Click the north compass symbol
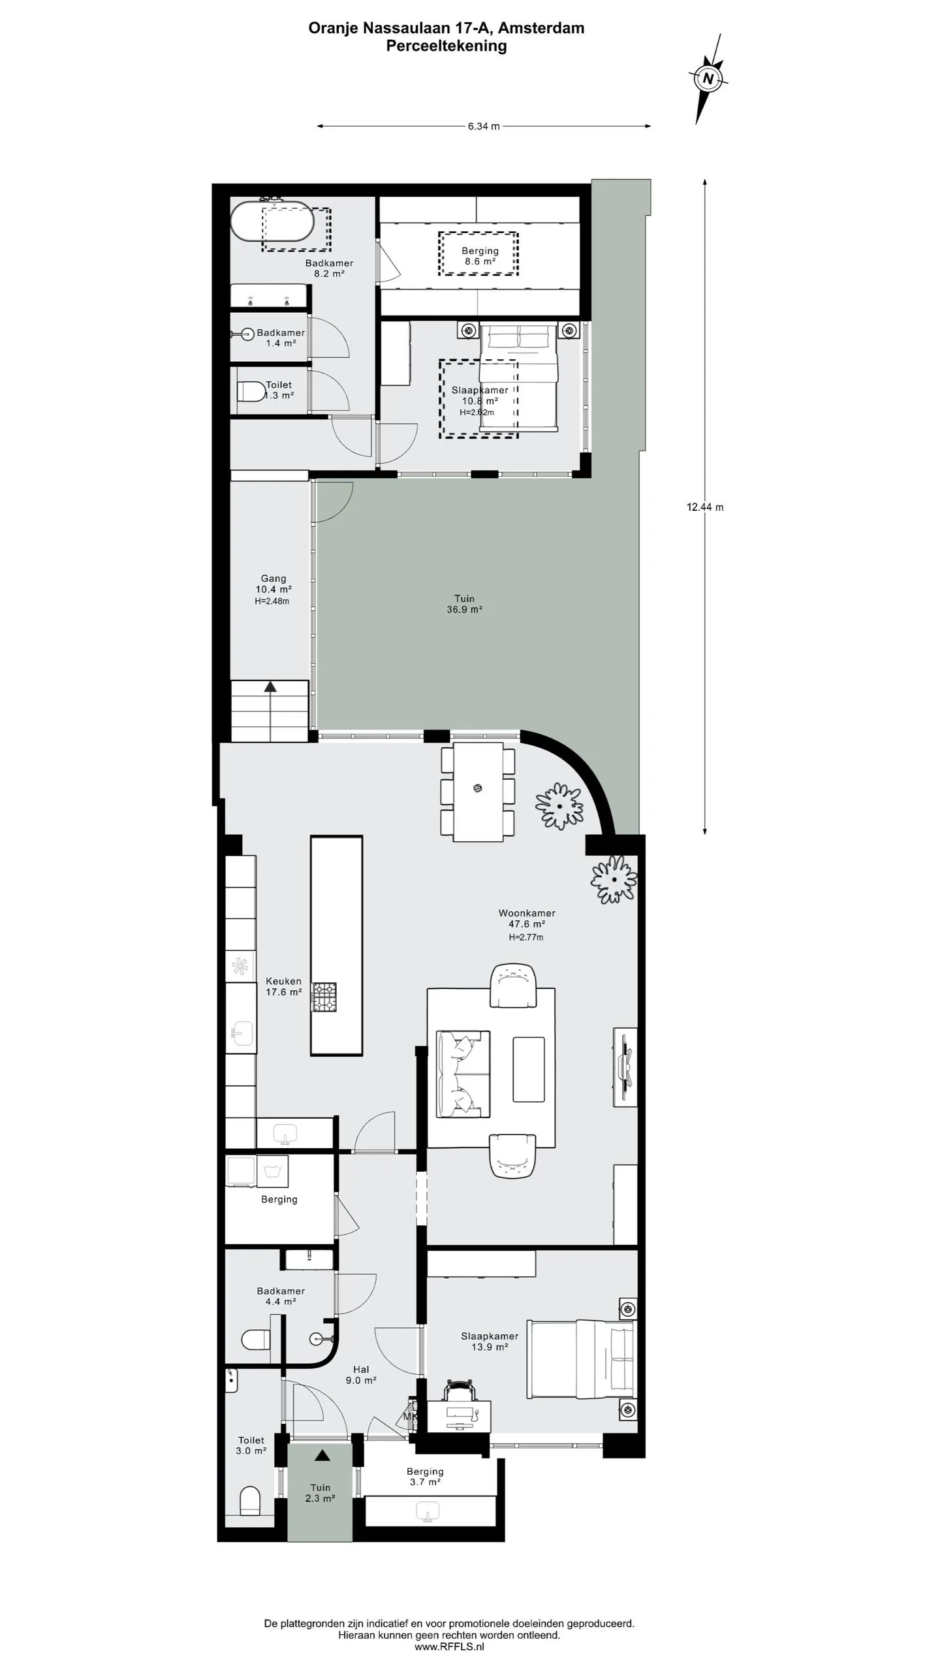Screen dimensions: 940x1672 (708, 79)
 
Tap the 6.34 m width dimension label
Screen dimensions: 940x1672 (484, 127)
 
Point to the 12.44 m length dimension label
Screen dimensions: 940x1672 (705, 507)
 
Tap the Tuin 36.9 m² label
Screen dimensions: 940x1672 (464, 604)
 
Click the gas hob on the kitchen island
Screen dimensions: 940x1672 (324, 997)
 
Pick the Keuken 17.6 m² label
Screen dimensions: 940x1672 (283, 986)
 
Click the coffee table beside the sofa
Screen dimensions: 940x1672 (529, 1069)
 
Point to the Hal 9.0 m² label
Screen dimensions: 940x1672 (361, 1375)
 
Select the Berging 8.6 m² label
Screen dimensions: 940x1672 (480, 256)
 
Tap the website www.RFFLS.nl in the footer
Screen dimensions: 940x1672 (450, 1647)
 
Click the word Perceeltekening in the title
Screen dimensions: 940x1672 (446, 46)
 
